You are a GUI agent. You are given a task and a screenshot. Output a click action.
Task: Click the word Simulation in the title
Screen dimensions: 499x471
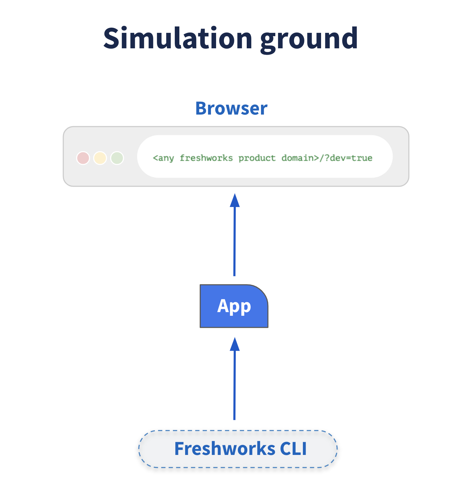click(178, 39)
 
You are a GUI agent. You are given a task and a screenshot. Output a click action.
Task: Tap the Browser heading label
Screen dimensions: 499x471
click(231, 108)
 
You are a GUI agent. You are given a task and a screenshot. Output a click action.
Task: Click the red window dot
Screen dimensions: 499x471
click(83, 158)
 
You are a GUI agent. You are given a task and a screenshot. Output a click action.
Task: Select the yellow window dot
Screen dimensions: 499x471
click(100, 158)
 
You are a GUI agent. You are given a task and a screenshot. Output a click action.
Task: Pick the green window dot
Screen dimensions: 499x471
click(117, 158)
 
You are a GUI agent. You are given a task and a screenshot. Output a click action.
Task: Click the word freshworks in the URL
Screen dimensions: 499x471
click(206, 158)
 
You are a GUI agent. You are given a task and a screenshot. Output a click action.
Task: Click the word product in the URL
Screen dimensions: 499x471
click(257, 158)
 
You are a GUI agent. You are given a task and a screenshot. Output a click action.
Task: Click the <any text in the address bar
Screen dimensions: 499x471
click(163, 158)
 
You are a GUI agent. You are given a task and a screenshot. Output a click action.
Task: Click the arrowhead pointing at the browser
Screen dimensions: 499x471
click(235, 200)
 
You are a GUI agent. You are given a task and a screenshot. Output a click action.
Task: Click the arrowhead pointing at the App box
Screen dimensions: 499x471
click(235, 344)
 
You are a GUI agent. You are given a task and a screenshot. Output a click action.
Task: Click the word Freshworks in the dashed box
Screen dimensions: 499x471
click(225, 449)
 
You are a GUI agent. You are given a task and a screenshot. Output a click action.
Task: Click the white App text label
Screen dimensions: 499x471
click(234, 306)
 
